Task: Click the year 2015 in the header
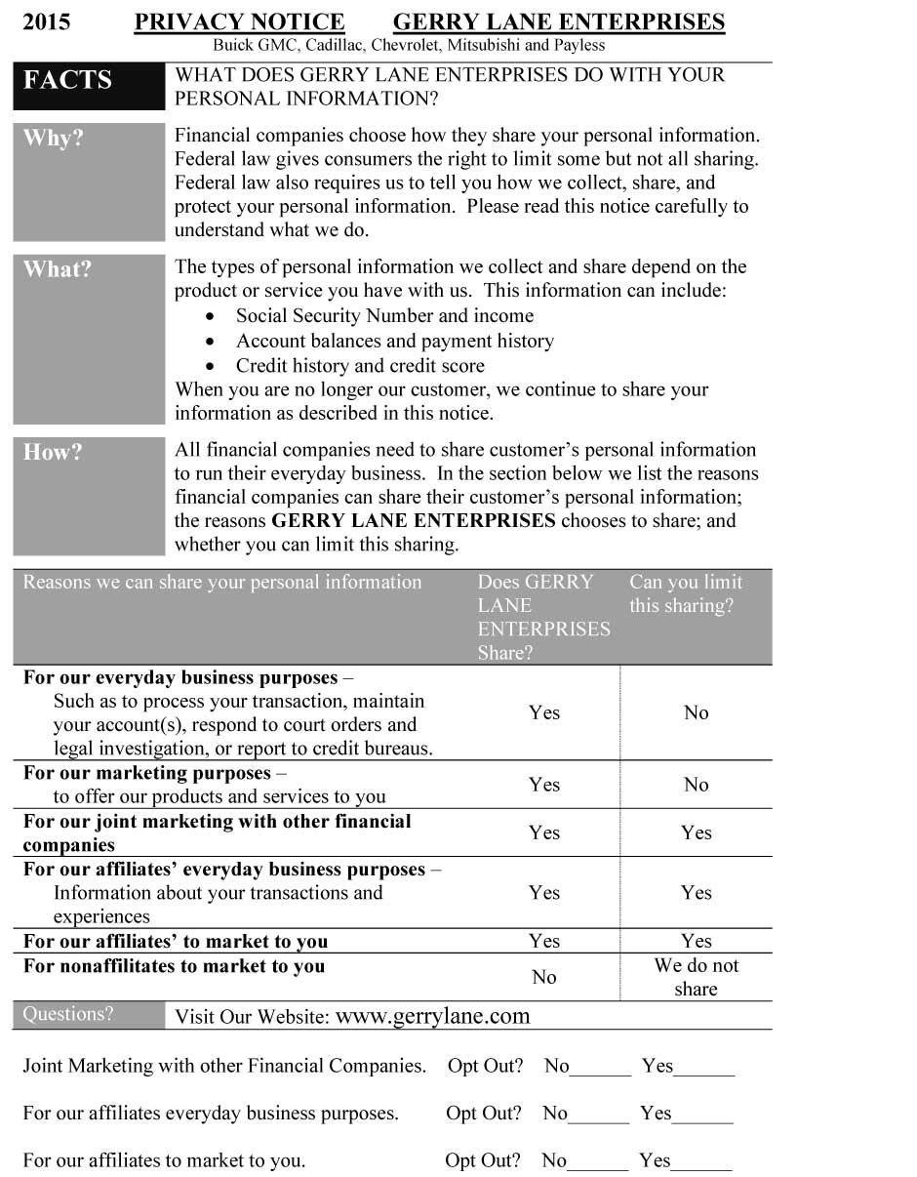coord(46,21)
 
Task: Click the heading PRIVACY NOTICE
coord(239,21)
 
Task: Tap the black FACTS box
coord(89,87)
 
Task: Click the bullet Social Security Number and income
coord(384,315)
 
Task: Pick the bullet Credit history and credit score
coord(360,366)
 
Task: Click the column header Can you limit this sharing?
coord(686,593)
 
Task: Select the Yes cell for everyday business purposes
coord(544,712)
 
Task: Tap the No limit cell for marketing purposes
coord(696,785)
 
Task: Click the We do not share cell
coord(696,977)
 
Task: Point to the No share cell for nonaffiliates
coord(544,977)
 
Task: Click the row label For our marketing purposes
coord(149,773)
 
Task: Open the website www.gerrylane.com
coord(432,1016)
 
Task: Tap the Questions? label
coord(68,1014)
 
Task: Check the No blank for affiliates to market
coord(597,1163)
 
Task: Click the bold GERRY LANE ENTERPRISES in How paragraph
coord(414,520)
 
